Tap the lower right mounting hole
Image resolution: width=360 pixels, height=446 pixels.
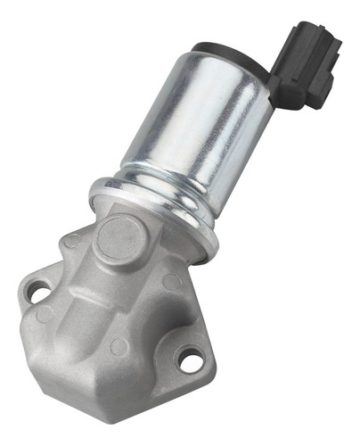(x=188, y=360)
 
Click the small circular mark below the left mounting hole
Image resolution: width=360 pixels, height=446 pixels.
(x=44, y=314)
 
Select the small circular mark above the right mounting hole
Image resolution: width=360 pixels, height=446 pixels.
(x=172, y=282)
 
